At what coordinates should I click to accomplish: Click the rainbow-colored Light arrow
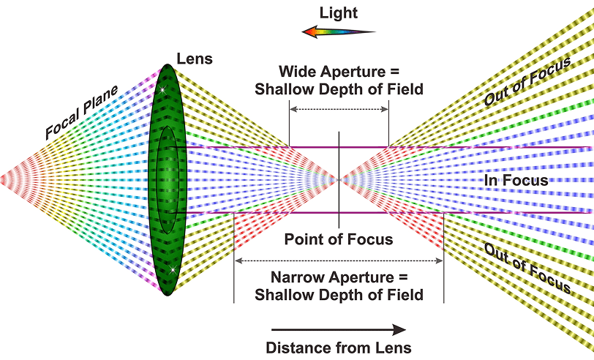click(x=339, y=32)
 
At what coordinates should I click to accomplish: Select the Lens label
click(x=194, y=59)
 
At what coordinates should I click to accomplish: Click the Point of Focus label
click(x=339, y=239)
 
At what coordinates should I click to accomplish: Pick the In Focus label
click(x=516, y=180)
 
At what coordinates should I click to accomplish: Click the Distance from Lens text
click(x=338, y=348)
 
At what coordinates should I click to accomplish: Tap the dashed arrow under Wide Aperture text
click(x=339, y=109)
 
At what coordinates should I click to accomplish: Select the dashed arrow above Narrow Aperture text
click(x=339, y=260)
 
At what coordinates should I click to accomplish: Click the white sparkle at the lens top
click(x=162, y=89)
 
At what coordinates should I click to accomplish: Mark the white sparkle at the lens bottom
click(x=172, y=270)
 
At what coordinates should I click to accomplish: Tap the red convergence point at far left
click(x=4, y=179)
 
